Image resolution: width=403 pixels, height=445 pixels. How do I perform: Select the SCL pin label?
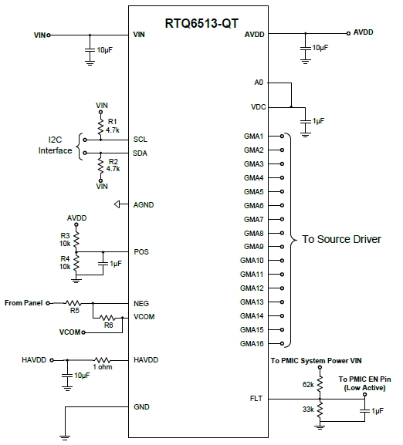(x=140, y=140)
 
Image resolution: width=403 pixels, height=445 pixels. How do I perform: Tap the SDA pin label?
(x=140, y=153)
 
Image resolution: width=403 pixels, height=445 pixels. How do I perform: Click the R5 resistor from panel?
(x=73, y=303)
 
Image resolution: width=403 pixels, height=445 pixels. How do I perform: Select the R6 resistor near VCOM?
(x=108, y=318)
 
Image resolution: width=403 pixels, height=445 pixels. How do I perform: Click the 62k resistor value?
(x=307, y=383)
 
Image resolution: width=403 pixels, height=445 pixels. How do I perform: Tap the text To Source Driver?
(x=340, y=239)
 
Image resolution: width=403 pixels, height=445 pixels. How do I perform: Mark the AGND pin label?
(x=143, y=204)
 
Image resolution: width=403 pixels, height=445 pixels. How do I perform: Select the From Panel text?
(x=25, y=303)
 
